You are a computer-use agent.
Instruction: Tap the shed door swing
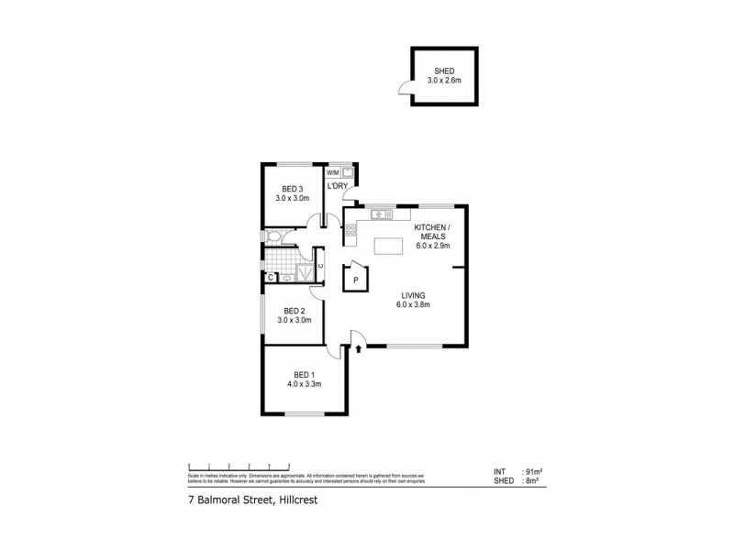tap(403, 88)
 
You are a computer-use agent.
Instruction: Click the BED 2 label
tap(294, 310)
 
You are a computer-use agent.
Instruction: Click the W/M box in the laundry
tap(333, 172)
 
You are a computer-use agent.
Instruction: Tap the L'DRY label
tap(338, 187)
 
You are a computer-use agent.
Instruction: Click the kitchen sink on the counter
tap(383, 214)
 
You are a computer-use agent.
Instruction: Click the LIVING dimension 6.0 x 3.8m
tap(415, 304)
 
